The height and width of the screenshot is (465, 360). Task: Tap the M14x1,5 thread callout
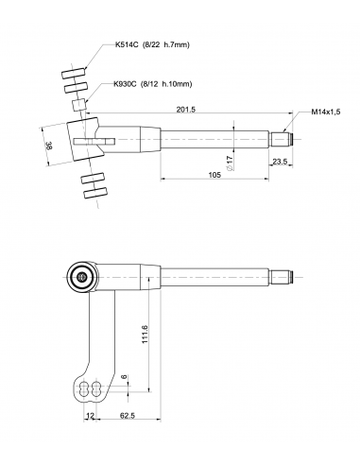326,112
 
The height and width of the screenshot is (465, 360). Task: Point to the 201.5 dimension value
186,110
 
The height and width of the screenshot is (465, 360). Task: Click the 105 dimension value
214,175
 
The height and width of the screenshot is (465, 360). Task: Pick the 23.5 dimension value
280,162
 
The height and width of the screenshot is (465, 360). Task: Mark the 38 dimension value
49,146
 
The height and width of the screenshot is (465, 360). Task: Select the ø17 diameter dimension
230,164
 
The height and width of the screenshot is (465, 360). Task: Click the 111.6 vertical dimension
145,334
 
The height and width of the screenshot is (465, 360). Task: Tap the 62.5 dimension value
128,416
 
